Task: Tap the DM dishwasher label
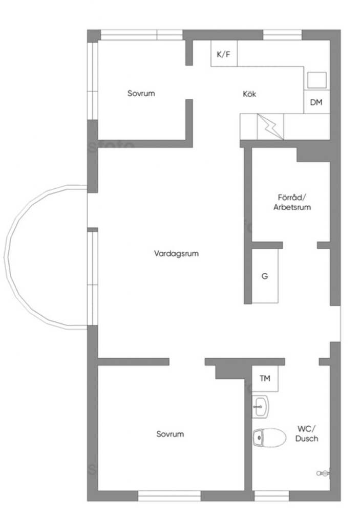(316, 102)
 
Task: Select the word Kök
(249, 94)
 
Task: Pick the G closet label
(265, 276)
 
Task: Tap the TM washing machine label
(265, 379)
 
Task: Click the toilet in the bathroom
(270, 438)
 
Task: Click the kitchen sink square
(316, 80)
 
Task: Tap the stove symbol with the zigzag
(270, 126)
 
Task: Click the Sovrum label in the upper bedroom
(141, 94)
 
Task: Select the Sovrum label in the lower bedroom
(170, 434)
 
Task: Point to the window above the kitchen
(282, 35)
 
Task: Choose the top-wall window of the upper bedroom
(141, 35)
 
